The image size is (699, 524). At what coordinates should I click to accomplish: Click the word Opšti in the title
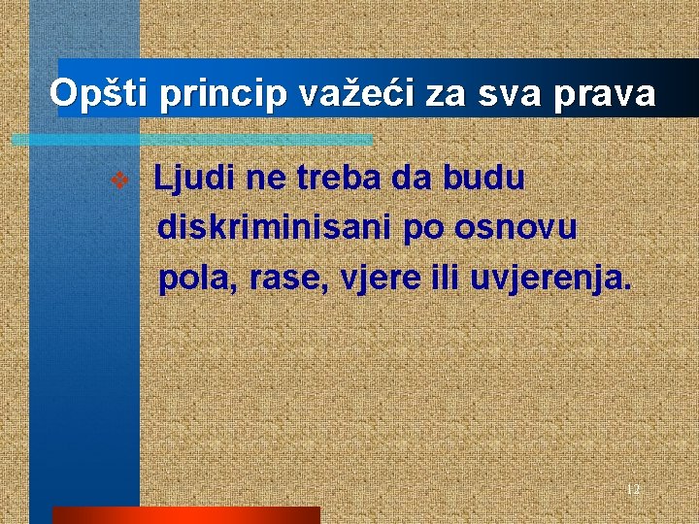coord(100,93)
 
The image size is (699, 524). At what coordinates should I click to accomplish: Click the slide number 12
coord(632,489)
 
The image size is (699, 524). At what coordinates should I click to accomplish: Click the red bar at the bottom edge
coord(185,515)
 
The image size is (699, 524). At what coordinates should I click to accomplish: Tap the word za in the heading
coord(445,94)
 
